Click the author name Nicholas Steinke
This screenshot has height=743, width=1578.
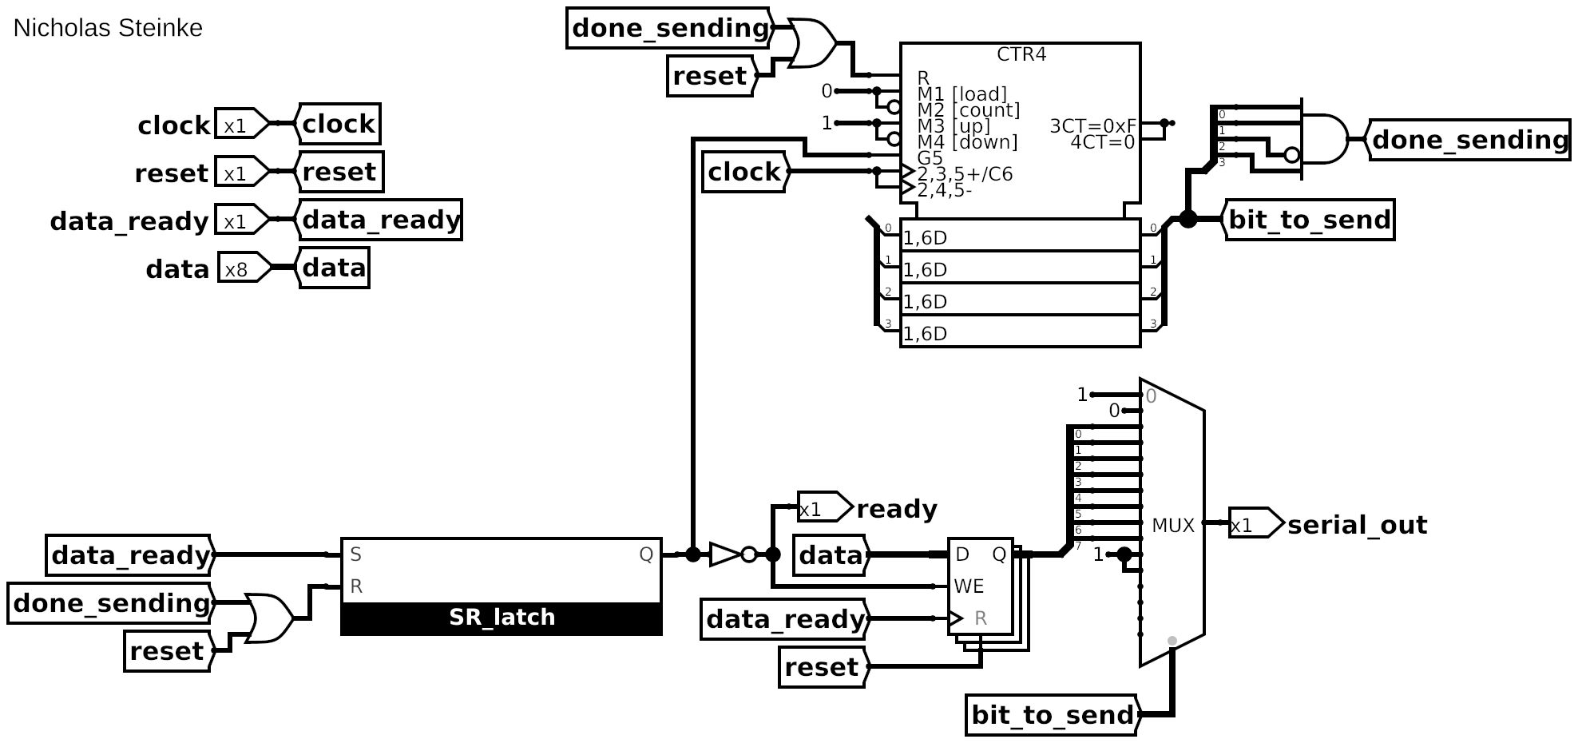coord(108,28)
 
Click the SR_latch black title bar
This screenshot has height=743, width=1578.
coord(501,618)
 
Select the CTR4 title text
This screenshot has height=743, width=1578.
coord(1021,54)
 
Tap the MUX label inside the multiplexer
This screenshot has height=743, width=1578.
coord(1172,525)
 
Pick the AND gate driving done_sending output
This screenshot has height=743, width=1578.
coord(1324,139)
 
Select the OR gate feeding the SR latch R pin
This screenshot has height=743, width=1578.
coord(269,618)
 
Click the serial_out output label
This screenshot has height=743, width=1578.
coord(1357,525)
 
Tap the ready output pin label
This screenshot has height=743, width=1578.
coord(896,509)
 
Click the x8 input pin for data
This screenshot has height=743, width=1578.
coord(240,269)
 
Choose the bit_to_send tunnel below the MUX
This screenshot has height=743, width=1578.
coord(1052,715)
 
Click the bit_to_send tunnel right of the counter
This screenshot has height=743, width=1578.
coord(1309,220)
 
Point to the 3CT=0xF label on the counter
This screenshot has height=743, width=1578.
coord(1092,125)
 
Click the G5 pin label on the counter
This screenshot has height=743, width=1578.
coord(930,157)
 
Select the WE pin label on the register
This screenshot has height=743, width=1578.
coord(968,586)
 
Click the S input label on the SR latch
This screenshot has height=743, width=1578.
coord(356,554)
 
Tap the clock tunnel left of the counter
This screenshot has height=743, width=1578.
coord(744,172)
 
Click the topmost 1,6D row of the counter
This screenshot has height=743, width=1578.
coord(1020,237)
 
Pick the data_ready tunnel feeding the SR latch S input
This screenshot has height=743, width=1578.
coord(130,555)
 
